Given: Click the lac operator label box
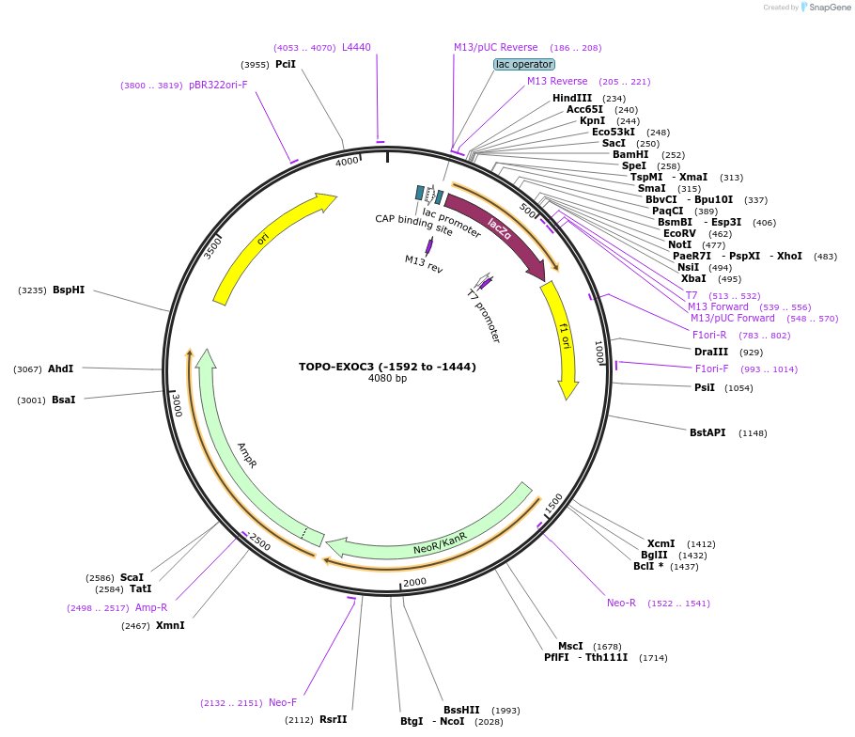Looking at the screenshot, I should tap(524, 64).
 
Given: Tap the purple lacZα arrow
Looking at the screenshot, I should tap(498, 235).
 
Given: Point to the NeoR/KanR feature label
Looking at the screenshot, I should tap(440, 542).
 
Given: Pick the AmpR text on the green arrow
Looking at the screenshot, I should tap(247, 455).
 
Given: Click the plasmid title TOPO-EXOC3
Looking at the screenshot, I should tap(387, 367).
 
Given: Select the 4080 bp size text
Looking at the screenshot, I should tap(387, 379).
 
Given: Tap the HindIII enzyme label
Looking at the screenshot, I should tap(572, 98).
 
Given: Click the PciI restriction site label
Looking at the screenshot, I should tap(286, 64).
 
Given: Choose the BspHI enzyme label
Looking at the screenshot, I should tap(69, 290).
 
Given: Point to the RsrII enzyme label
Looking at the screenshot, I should tap(333, 719).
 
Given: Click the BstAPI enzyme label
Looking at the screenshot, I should tap(707, 432).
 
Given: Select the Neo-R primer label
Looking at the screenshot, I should tap(621, 603).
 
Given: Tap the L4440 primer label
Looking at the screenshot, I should tap(356, 47).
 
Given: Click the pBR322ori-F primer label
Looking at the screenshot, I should tap(218, 85).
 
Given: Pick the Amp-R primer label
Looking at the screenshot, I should tap(151, 607).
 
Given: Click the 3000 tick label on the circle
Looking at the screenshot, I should tap(177, 406).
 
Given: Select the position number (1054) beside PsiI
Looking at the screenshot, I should tap(738, 387).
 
